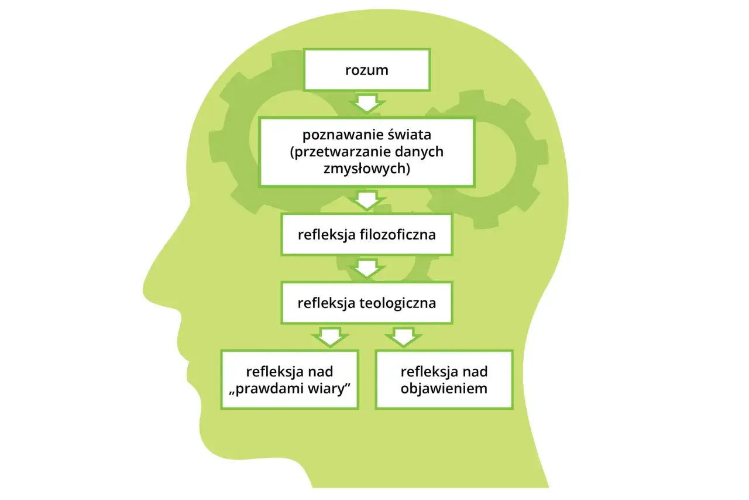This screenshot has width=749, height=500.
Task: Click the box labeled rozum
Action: click(x=367, y=70)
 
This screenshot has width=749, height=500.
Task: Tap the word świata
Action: click(x=410, y=135)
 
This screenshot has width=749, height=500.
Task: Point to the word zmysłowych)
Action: click(x=367, y=169)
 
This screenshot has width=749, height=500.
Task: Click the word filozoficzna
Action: click(x=397, y=234)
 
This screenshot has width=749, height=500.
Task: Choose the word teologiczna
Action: click(x=397, y=303)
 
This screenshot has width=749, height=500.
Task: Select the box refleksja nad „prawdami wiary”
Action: click(x=290, y=379)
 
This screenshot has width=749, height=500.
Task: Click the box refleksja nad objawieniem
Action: click(x=444, y=379)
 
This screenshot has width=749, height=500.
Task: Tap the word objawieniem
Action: click(x=444, y=389)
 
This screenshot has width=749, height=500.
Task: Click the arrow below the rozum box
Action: click(x=367, y=102)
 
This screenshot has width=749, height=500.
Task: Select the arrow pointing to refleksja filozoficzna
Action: click(x=367, y=200)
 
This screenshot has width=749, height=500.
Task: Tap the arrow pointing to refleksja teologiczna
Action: click(x=367, y=268)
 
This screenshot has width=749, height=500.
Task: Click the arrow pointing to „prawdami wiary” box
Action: click(x=330, y=337)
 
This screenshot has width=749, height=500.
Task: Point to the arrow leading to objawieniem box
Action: click(x=404, y=337)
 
